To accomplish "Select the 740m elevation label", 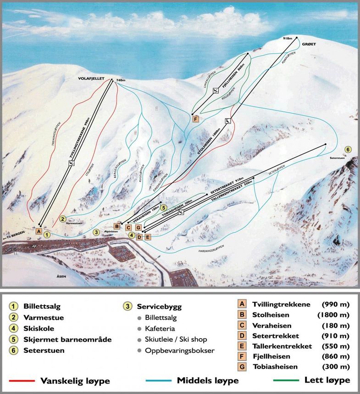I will [121, 80].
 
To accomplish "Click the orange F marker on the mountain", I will [195, 119].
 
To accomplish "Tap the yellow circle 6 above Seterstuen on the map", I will [348, 149].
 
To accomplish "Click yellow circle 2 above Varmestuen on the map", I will [63, 219].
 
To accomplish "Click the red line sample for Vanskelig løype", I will [20, 380].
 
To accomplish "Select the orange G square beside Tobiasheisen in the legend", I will [241, 367].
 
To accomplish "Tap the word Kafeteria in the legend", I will [160, 328].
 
